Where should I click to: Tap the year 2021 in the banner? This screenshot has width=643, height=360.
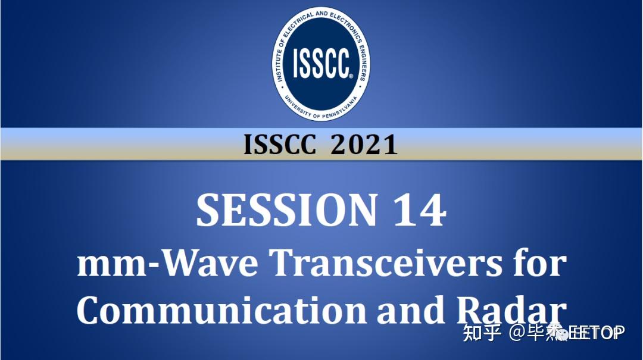[364, 145]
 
